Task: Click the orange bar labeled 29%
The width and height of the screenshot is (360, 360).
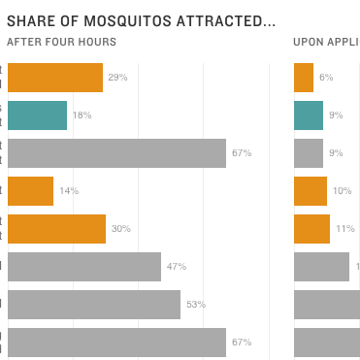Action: (x=54, y=78)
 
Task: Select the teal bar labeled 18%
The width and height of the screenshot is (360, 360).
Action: (x=37, y=115)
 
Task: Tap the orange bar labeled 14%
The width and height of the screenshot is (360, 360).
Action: (x=30, y=191)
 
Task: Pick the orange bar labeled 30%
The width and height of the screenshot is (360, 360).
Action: (x=56, y=229)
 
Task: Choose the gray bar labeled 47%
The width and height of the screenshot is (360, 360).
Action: (x=83, y=267)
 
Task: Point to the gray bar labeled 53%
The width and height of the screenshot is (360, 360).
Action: (x=93, y=305)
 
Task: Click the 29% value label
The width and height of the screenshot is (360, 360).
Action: (x=118, y=78)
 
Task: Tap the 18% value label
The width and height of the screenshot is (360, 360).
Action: (x=82, y=115)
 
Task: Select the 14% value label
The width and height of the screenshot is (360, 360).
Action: (x=68, y=191)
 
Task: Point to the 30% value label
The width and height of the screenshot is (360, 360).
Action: (x=120, y=229)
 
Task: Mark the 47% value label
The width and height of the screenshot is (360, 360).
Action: (x=176, y=267)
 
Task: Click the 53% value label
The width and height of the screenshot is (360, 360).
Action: (x=196, y=305)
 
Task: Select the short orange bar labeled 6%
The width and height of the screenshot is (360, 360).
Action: (x=304, y=78)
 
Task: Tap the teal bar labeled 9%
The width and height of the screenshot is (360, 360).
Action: (x=309, y=115)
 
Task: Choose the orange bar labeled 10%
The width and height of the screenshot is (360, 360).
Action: (x=311, y=191)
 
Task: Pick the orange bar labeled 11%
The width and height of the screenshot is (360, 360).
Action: (x=311, y=229)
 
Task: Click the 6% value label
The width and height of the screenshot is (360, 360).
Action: (x=326, y=78)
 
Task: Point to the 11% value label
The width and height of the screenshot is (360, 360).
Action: (x=344, y=229)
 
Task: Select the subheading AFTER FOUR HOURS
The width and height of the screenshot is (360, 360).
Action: (x=61, y=42)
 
